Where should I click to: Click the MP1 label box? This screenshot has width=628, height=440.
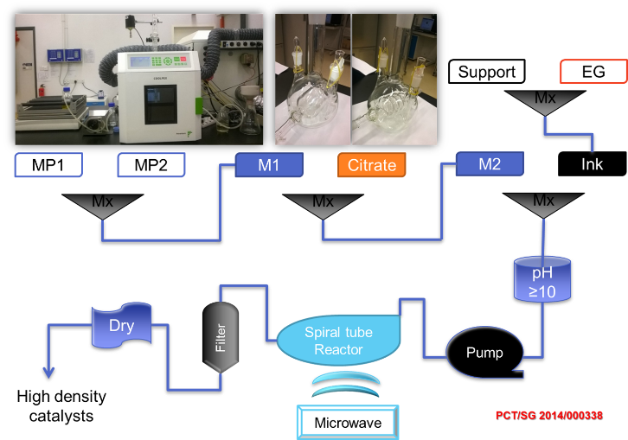pos(53,165)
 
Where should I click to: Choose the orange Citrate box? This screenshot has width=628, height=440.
pos(372,165)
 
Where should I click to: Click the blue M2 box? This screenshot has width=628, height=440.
pos(490,163)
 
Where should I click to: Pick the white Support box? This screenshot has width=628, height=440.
pos(486,72)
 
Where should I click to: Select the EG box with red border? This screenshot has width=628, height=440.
pos(593,72)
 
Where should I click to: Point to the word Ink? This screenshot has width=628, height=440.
pos(593,163)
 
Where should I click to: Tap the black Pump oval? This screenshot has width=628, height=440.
pos(484,353)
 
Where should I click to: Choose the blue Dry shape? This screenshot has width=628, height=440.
pos(122,328)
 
